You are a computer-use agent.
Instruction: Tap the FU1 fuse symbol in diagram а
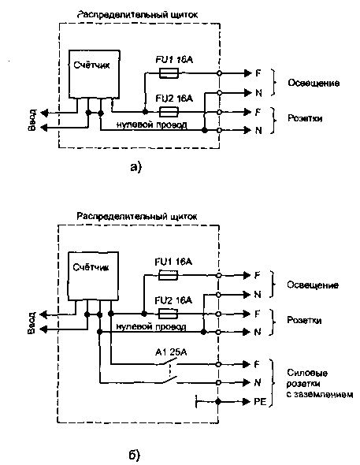click(169, 73)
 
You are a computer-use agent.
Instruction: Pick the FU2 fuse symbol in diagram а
click(169, 112)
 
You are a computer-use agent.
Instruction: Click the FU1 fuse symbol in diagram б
click(169, 275)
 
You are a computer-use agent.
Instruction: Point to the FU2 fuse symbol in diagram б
click(169, 314)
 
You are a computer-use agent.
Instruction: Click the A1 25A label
click(171, 352)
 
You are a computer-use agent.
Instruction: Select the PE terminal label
click(260, 402)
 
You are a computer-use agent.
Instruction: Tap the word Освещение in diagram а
click(314, 83)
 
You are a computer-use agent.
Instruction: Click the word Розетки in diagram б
click(304, 320)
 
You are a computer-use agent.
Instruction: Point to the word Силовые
click(307, 373)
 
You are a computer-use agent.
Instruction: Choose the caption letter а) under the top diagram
click(136, 167)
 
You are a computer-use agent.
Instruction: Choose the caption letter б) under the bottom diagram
click(134, 455)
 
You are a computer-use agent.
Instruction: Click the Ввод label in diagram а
click(32, 120)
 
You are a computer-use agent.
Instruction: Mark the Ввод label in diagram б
click(32, 322)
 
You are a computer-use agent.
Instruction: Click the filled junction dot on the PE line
click(218, 402)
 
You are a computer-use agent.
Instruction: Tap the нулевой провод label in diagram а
click(151, 125)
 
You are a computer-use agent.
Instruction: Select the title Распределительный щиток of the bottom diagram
click(136, 216)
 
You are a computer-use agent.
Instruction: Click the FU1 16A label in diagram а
click(174, 60)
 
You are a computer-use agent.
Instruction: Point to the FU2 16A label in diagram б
click(173, 300)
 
